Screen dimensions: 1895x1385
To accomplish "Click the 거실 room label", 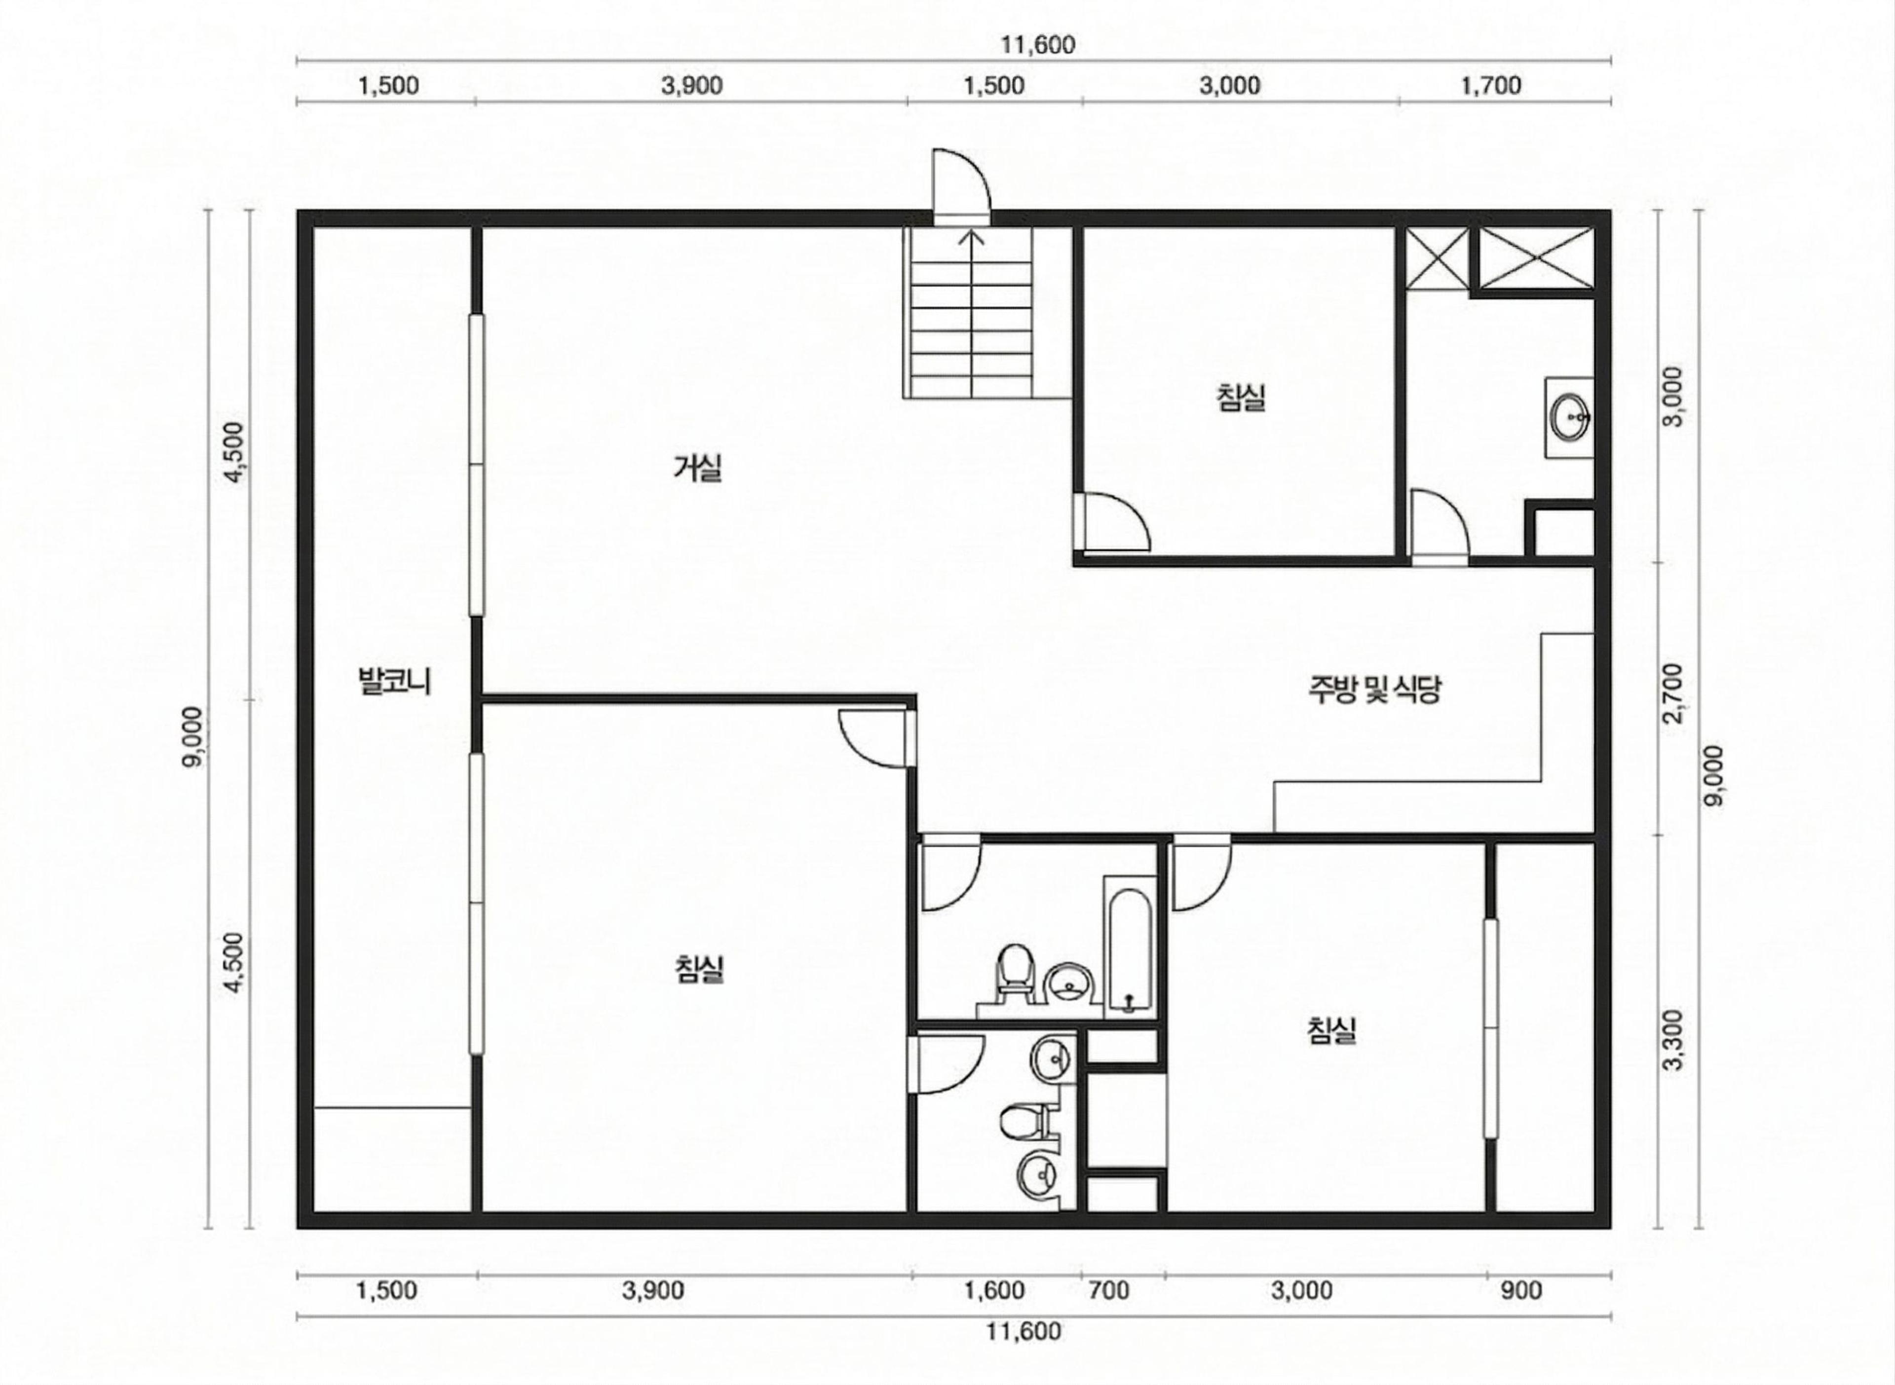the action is click(697, 467).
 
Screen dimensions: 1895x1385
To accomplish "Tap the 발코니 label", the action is click(394, 681).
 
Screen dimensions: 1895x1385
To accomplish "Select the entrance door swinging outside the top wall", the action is click(962, 186).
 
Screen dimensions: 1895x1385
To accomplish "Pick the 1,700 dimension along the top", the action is click(1491, 85).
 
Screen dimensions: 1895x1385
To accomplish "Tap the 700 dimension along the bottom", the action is click(1109, 1290).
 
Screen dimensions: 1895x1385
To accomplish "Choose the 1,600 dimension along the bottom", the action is click(994, 1290).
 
